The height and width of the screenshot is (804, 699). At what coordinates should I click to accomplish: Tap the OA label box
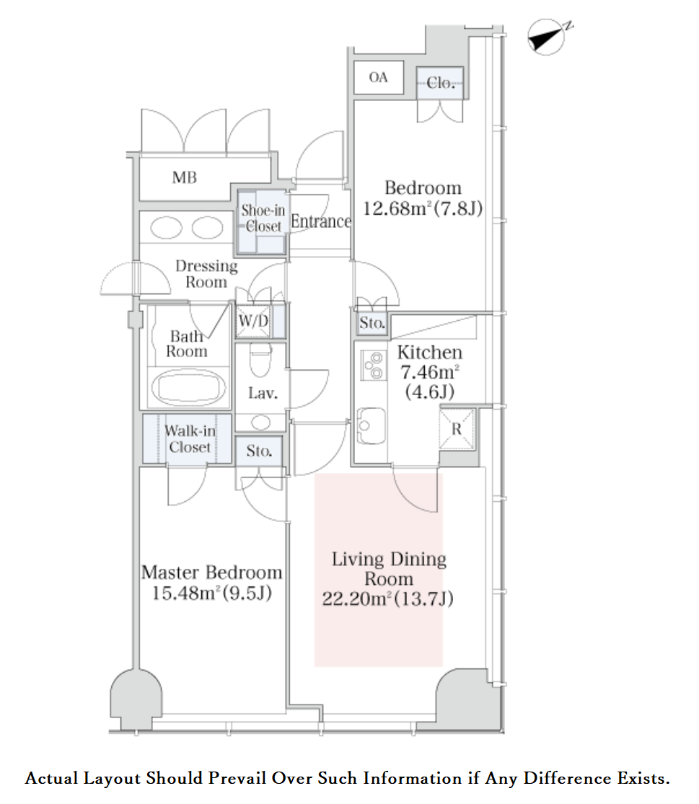378,77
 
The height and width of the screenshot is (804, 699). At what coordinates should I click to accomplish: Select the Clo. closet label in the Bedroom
440,83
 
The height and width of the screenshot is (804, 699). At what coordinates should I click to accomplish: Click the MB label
185,177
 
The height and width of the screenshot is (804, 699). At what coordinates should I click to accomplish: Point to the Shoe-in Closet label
263,218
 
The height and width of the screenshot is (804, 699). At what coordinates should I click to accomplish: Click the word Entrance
320,222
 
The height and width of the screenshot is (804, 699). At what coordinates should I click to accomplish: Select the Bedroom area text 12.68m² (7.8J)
422,208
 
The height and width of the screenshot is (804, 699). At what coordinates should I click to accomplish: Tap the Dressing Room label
206,273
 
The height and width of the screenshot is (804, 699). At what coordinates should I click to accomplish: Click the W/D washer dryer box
253,321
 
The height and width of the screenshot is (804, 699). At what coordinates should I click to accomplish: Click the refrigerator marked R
456,428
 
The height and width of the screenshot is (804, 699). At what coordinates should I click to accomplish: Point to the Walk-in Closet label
190,439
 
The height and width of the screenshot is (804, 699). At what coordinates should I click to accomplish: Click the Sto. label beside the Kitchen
372,323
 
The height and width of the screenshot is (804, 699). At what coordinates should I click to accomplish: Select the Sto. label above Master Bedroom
259,452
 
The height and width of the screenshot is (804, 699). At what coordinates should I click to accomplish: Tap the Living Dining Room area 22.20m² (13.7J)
388,598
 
